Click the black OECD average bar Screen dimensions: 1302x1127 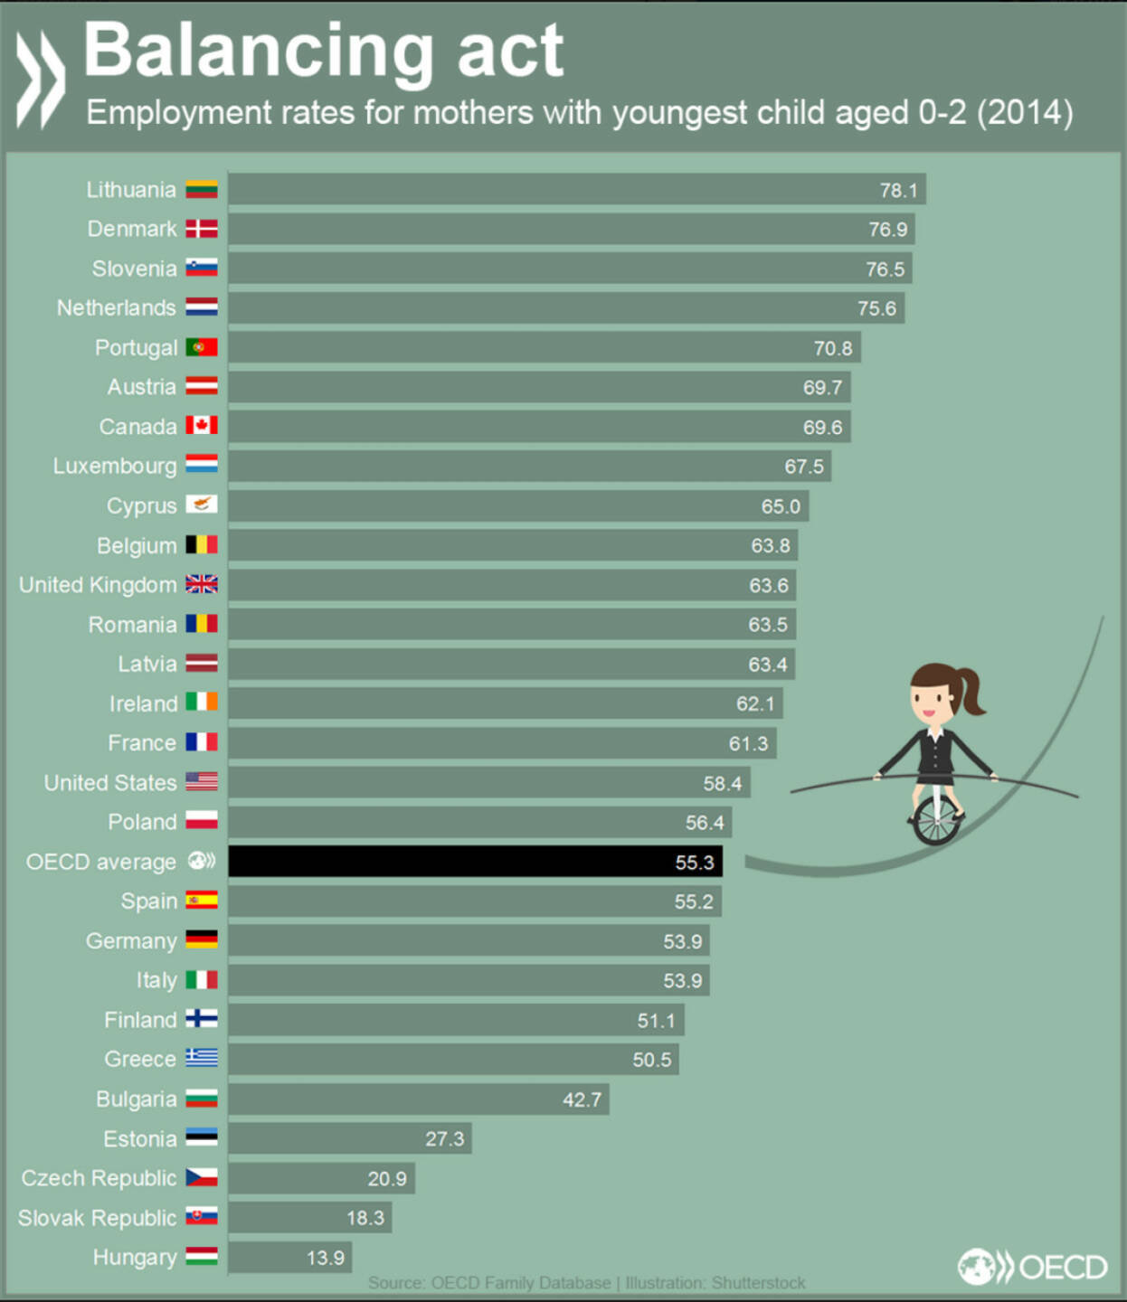(475, 862)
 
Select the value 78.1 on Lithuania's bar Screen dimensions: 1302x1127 (898, 190)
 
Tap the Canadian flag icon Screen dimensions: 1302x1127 (202, 426)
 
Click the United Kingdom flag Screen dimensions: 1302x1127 (202, 584)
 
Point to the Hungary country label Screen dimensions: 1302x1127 (135, 1258)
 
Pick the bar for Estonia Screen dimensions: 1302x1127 (349, 1138)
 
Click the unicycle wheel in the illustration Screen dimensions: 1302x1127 (935, 820)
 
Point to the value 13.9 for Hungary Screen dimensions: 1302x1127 (326, 1258)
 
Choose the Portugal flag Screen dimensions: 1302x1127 (202, 347)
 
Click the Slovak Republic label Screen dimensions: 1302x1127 (98, 1218)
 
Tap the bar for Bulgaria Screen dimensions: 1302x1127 (418, 1099)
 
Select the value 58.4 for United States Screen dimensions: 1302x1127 (722, 783)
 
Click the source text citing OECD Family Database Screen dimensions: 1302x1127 (586, 1283)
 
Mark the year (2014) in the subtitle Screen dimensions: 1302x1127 (1024, 113)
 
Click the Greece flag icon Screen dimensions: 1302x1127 (202, 1058)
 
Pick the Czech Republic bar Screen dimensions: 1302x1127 (321, 1178)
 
